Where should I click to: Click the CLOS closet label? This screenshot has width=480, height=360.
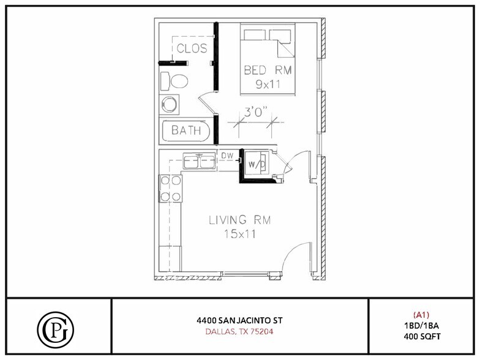coord(192,48)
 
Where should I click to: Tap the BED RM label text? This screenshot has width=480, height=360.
coord(268,70)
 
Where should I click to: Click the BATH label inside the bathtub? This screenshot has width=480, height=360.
coord(186,130)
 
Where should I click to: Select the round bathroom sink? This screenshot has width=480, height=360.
coord(170,104)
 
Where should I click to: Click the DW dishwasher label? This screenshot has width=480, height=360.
coord(227,155)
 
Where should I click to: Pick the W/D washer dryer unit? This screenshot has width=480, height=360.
coord(256,164)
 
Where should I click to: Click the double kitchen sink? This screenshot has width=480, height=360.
coord(198,162)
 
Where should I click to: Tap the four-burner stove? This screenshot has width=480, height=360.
coord(170,189)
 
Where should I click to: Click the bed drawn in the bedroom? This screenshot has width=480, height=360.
coord(267,59)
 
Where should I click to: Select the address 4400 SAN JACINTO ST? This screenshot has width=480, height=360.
coord(239,320)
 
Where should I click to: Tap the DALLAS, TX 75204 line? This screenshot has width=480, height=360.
coord(239,332)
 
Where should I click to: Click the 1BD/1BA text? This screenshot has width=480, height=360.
coord(422,326)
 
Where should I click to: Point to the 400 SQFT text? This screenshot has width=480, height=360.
coord(422,337)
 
